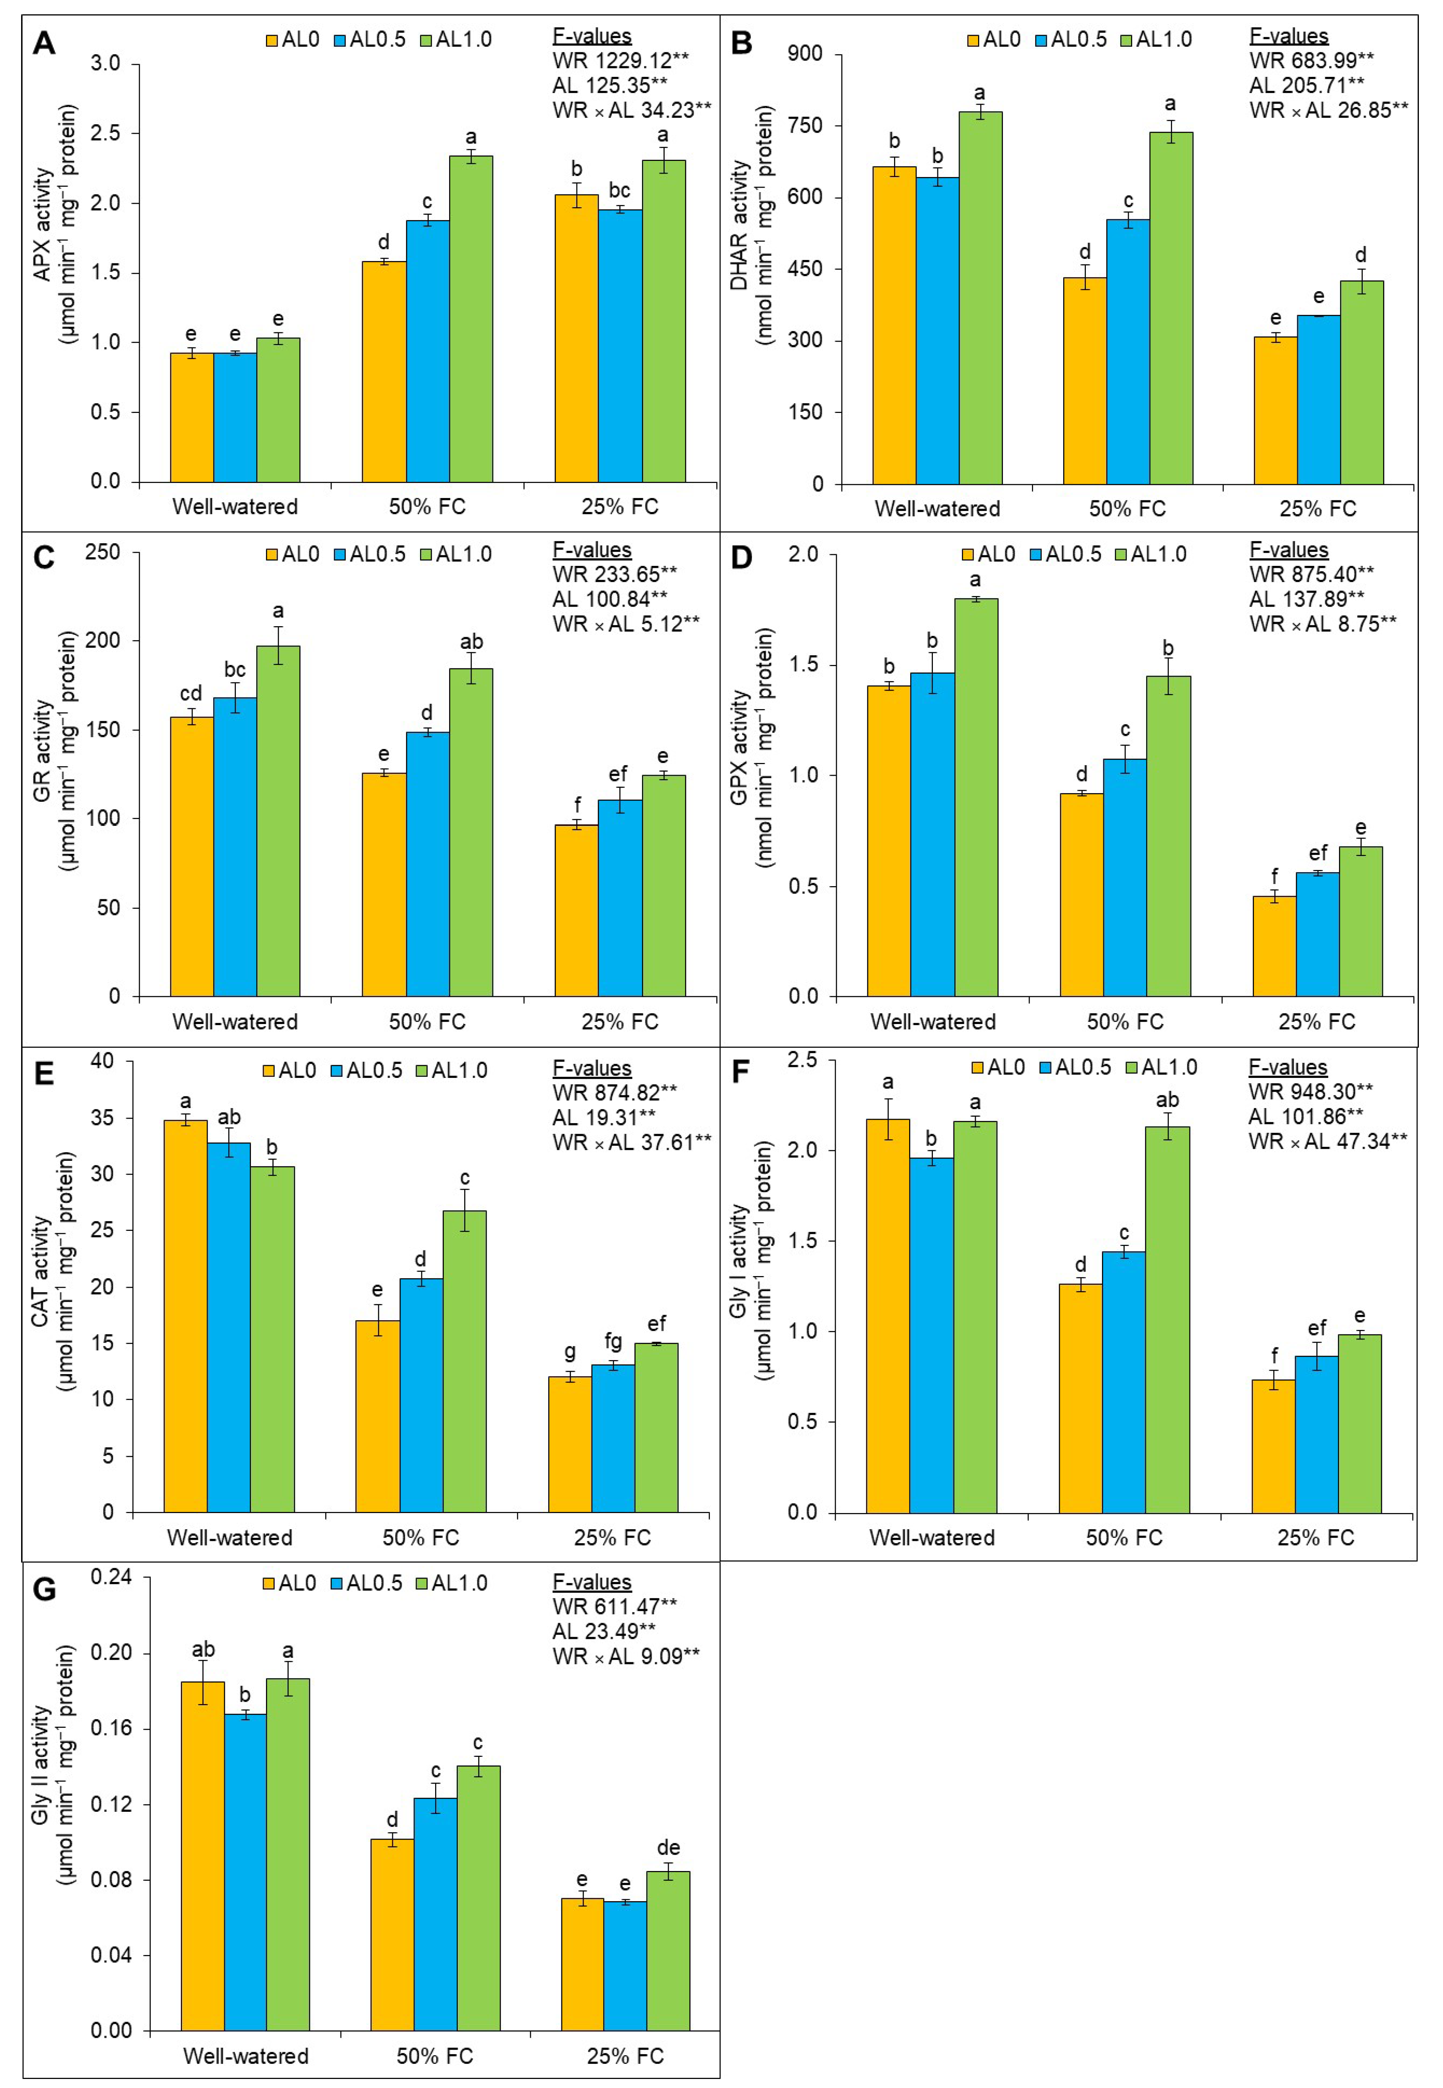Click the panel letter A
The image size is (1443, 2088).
(43, 43)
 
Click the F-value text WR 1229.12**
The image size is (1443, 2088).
(620, 61)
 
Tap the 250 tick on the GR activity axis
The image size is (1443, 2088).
(102, 552)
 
